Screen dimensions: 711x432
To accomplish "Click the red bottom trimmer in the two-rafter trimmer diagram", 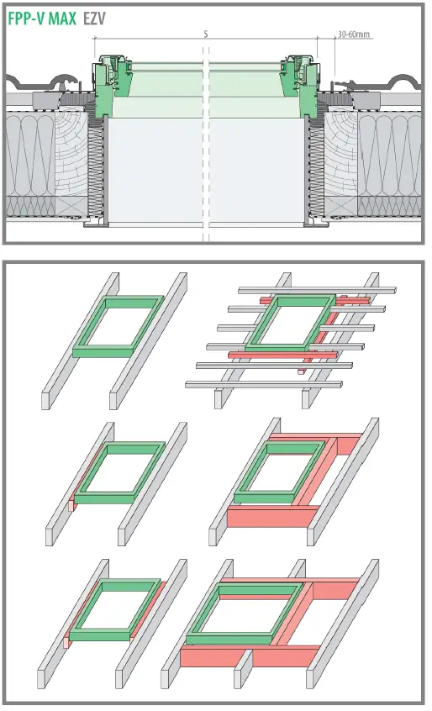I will [x=269, y=515].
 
